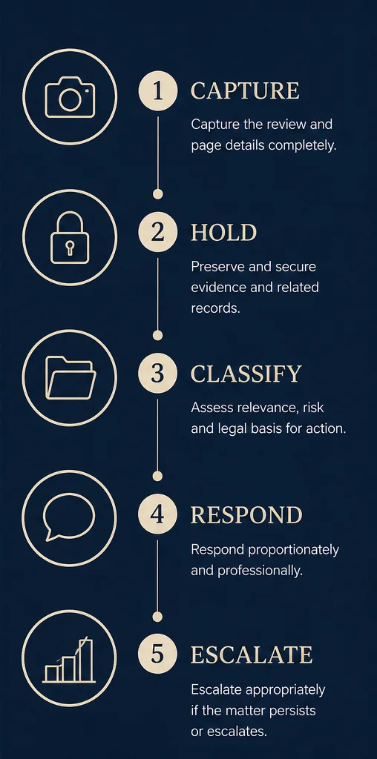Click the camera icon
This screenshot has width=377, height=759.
coord(70,97)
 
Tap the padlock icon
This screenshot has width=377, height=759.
coord(70,238)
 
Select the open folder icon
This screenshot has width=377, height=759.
coord(71,378)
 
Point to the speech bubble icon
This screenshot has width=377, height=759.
coord(69,517)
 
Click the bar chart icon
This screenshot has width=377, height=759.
coord(69,659)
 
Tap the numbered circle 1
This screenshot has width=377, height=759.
coord(157,91)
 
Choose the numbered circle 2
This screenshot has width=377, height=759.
coord(157,232)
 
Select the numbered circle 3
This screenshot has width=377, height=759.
coord(157,374)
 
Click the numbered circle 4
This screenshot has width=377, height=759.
coord(157,514)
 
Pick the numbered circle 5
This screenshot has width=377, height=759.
coord(157,655)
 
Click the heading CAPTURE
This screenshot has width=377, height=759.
coord(245,91)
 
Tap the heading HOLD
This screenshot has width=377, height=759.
coord(223,233)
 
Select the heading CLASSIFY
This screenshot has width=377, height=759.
coord(246,374)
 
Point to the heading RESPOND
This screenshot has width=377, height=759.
coord(246,515)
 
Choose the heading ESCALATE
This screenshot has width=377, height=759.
coord(252,656)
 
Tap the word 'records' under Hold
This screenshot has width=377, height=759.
coord(215,308)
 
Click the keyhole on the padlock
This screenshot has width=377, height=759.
coord(70,249)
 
